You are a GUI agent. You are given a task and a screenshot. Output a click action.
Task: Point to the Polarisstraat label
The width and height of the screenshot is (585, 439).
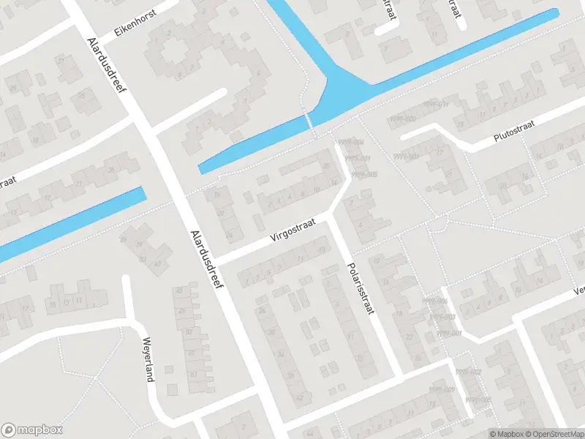point(361,288)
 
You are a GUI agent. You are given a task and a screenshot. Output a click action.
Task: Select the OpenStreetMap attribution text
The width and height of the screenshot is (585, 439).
point(552,434)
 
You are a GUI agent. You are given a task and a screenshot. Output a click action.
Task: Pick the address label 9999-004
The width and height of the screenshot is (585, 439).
point(352,142)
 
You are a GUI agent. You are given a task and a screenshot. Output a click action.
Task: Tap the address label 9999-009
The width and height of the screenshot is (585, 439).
point(442,389)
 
